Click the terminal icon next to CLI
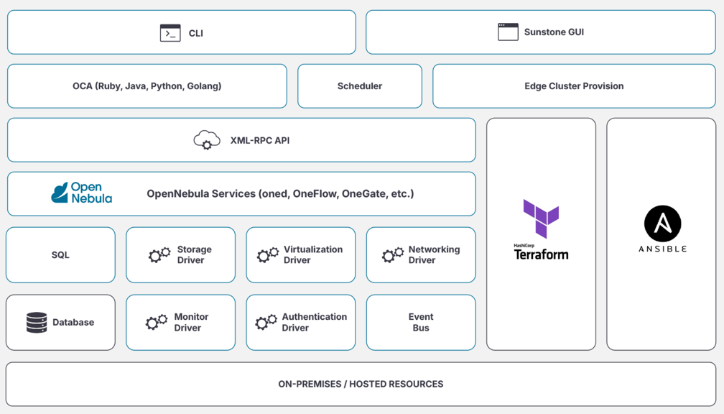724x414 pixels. (170, 33)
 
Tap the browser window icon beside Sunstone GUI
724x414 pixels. (508, 32)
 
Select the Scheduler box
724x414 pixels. (360, 86)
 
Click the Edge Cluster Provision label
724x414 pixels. (574, 86)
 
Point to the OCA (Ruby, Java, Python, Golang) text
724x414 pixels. (147, 86)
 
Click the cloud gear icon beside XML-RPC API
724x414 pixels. (207, 140)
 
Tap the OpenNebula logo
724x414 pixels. (81, 193)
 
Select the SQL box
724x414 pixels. (60, 255)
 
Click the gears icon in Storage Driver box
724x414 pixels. (159, 254)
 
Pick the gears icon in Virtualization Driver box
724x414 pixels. (268, 254)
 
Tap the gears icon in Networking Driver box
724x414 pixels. (392, 254)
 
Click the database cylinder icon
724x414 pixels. (37, 322)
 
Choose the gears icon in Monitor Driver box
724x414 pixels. (157, 322)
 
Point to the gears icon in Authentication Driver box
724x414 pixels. (266, 322)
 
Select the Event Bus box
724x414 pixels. (421, 322)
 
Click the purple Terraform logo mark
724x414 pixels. (541, 218)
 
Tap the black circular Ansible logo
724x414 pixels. (662, 224)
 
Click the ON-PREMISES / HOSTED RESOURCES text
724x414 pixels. (361, 384)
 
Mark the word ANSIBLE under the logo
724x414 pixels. (662, 249)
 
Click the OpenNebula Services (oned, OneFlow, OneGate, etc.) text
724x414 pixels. (280, 193)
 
